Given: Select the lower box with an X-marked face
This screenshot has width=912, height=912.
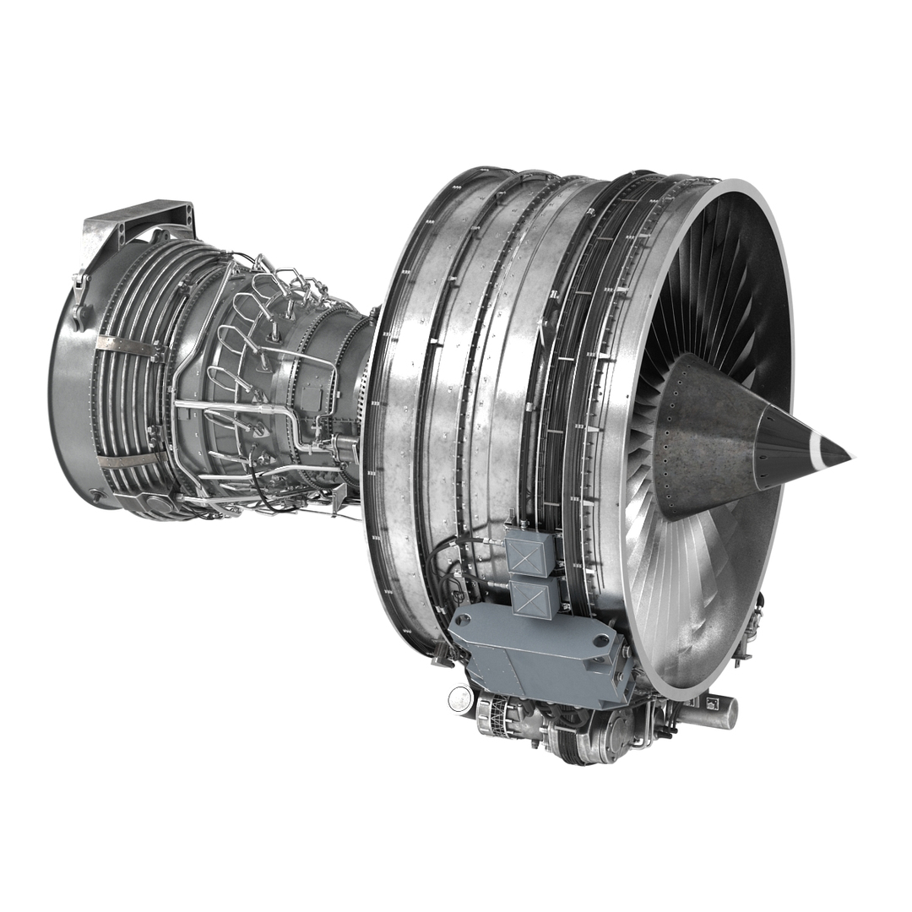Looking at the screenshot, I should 535,597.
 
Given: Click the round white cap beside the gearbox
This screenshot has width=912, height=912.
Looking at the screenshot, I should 459,697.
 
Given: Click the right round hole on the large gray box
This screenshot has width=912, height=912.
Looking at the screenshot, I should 600,642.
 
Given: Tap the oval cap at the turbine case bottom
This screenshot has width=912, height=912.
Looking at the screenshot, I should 158,503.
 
